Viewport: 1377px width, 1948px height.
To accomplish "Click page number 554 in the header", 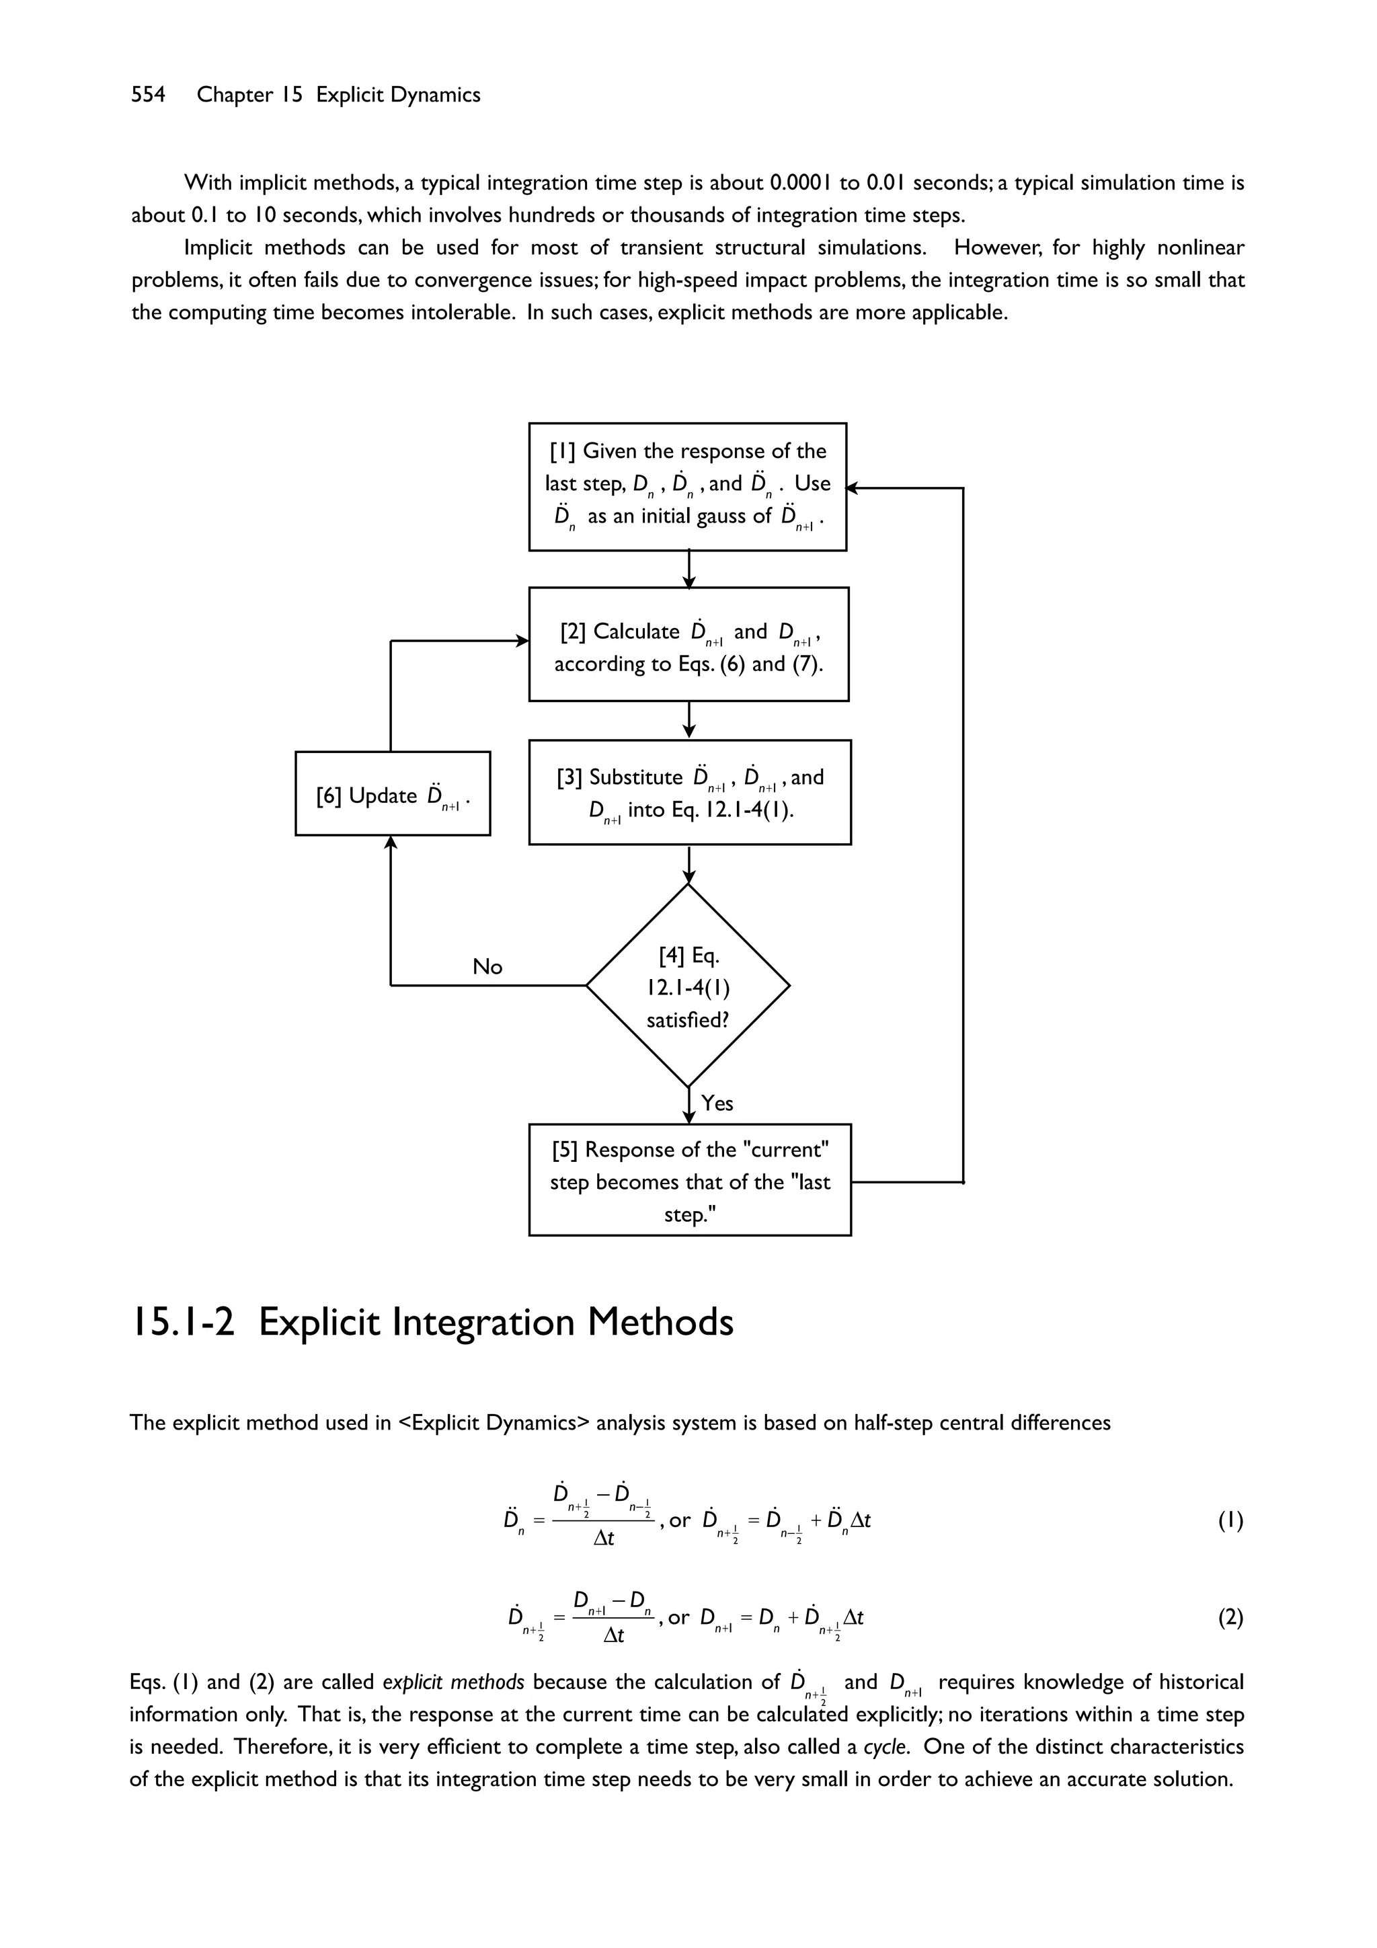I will pyautogui.click(x=148, y=95).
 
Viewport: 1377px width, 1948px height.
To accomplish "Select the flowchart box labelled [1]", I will pyautogui.click(x=687, y=486).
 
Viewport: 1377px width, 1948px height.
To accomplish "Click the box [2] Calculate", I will pyautogui.click(x=688, y=644).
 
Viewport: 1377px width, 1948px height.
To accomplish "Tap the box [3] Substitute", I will pyautogui.click(x=689, y=791).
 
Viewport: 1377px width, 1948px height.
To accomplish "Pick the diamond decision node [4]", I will pyautogui.click(x=688, y=986).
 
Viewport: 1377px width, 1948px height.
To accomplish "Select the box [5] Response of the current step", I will pyautogui.click(x=689, y=1180).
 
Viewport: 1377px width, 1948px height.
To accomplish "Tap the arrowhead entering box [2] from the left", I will pyautogui.click(x=522, y=641).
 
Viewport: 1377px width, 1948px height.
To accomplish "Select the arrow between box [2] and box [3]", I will pyautogui.click(x=689, y=720).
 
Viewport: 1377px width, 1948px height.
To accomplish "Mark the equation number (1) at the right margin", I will pyautogui.click(x=1231, y=1520).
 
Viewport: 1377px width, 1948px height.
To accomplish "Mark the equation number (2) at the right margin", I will pyautogui.click(x=1231, y=1618).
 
